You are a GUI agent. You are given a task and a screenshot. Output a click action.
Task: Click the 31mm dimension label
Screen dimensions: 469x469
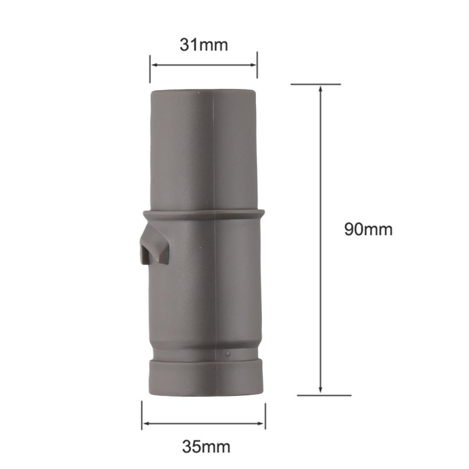pos(203,45)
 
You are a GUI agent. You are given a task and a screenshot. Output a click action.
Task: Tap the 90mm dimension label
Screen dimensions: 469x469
pos(368,229)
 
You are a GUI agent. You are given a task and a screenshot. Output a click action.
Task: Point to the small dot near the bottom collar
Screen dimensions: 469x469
pos(228,354)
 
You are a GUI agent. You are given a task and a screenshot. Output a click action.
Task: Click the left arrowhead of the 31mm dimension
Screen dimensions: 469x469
pos(154,65)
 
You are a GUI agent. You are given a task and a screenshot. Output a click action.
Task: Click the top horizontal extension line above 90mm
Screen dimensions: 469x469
pos(316,84)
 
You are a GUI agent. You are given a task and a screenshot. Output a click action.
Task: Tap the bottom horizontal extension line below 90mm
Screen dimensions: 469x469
pos(324,395)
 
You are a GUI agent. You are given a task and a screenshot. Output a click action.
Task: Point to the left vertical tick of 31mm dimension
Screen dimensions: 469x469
pos(150,69)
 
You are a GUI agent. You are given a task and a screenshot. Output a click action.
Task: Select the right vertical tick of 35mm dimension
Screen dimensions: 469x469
pos(265,416)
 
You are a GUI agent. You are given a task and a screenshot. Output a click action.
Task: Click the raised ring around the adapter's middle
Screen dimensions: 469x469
pos(204,213)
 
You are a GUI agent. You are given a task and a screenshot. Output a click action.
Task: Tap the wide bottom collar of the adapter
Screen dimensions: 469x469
pos(205,377)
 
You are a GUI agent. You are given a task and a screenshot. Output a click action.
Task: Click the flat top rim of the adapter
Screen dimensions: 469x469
pos(203,92)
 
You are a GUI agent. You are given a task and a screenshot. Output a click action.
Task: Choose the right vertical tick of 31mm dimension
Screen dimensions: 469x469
pos(257,65)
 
